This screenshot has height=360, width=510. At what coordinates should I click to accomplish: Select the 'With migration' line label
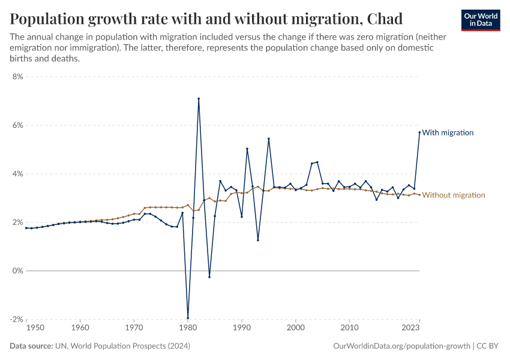(448, 133)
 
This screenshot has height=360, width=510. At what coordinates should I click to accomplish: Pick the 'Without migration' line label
(454, 195)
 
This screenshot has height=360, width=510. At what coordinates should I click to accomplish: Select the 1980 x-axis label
(188, 328)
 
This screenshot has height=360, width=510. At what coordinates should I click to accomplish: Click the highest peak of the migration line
(199, 98)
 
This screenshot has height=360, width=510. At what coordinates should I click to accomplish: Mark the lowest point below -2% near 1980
(188, 318)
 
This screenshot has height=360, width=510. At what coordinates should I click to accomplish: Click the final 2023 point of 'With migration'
(419, 132)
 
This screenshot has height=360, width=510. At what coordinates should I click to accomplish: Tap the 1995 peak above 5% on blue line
(269, 139)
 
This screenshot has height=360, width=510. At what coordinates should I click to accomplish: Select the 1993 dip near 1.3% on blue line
(258, 240)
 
